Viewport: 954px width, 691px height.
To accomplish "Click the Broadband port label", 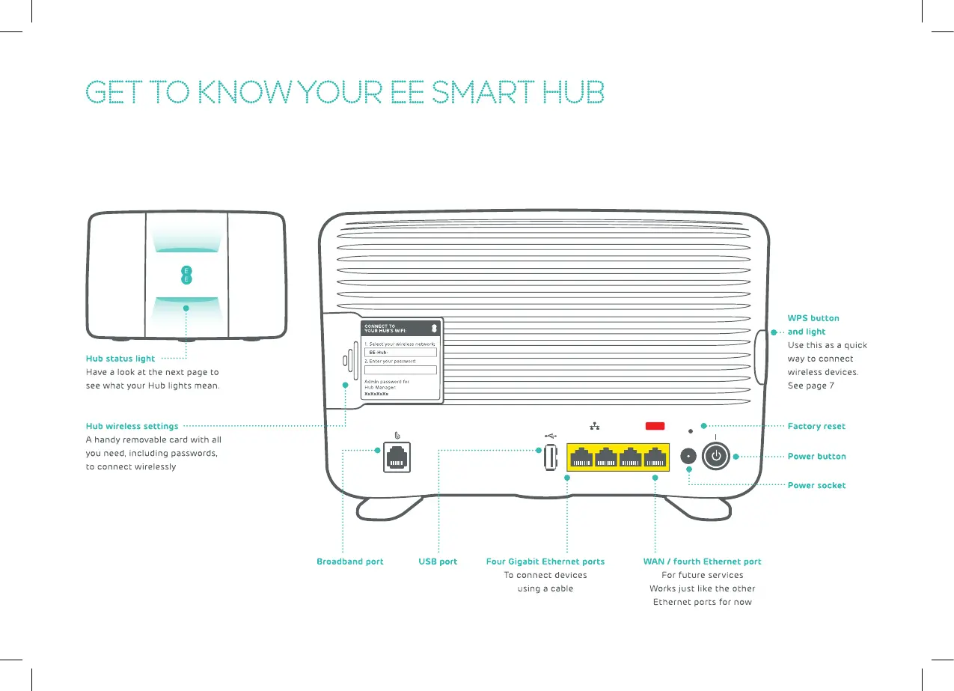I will [349, 561].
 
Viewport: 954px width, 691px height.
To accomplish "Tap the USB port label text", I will [438, 561].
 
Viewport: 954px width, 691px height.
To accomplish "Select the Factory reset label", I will [816, 426].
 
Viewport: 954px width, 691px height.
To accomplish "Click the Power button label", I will [816, 456].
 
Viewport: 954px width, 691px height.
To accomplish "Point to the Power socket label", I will [816, 485].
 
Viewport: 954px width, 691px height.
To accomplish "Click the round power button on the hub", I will [717, 456].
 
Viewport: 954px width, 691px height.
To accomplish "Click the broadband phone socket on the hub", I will [397, 457].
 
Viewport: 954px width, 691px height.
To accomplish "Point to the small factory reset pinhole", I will [691, 430].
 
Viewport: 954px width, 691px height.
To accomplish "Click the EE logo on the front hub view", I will [186, 274].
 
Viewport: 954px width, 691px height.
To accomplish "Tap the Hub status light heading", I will [120, 359].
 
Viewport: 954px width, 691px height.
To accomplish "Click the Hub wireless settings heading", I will [132, 426].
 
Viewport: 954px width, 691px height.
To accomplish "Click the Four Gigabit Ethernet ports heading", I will [545, 561].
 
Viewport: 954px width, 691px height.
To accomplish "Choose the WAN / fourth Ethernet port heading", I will [702, 561].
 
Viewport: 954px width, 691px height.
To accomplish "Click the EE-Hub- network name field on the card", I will [400, 352].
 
